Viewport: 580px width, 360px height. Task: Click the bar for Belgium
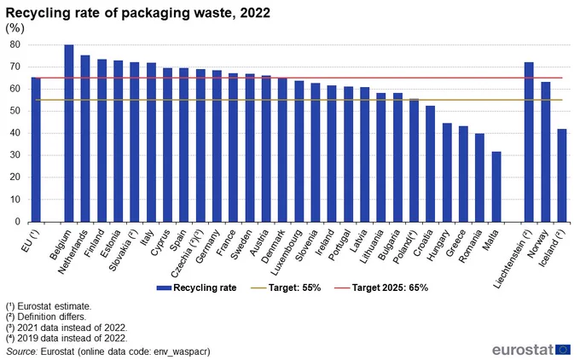[x=69, y=133]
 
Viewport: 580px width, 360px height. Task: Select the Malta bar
[x=496, y=187]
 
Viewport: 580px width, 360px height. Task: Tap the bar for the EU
[x=36, y=149]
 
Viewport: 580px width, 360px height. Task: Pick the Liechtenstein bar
[x=529, y=142]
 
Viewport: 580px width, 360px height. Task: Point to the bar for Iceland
[x=562, y=176]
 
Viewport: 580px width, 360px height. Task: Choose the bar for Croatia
[x=430, y=164]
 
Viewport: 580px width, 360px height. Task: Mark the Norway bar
[x=546, y=152]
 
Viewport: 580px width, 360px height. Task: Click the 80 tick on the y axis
[x=15, y=44]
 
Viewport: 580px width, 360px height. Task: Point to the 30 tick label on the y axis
[x=15, y=155]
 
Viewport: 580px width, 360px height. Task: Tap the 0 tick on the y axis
[x=17, y=222]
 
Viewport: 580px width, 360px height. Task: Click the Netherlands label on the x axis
[x=72, y=252]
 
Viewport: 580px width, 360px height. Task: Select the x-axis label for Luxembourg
[x=287, y=253]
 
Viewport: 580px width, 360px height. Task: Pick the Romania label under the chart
[x=471, y=246]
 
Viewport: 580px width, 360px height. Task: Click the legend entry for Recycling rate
[x=196, y=287]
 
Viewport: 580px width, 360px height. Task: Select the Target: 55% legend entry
[x=286, y=287]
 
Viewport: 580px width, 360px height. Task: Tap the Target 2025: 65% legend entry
[x=381, y=287]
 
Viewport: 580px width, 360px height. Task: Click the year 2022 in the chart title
[x=255, y=13]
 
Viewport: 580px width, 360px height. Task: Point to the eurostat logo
[x=531, y=350]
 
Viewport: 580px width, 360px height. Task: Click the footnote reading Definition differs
[x=46, y=317]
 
